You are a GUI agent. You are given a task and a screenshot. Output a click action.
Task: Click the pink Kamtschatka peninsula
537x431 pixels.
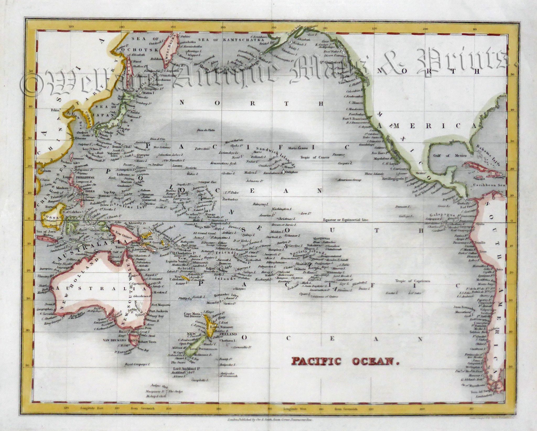click(169, 49)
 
